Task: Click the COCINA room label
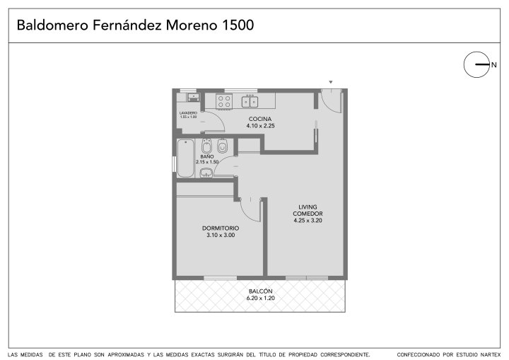coord(260,119)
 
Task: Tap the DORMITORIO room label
coord(221,228)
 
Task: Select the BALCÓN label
coord(261,291)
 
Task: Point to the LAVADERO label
coord(188,113)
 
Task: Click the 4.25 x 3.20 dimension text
coord(308,220)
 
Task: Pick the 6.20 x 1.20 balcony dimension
coord(261,298)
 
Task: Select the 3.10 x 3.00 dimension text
coord(221,235)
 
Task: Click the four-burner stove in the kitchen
coord(224,100)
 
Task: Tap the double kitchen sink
coord(250,101)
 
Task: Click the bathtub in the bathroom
coord(186,158)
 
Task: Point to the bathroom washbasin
coord(206,173)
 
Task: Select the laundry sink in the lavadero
coord(193,97)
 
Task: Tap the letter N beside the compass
coord(493,65)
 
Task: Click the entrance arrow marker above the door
coord(331,82)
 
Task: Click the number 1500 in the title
coord(238,25)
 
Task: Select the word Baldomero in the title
coord(52,25)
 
